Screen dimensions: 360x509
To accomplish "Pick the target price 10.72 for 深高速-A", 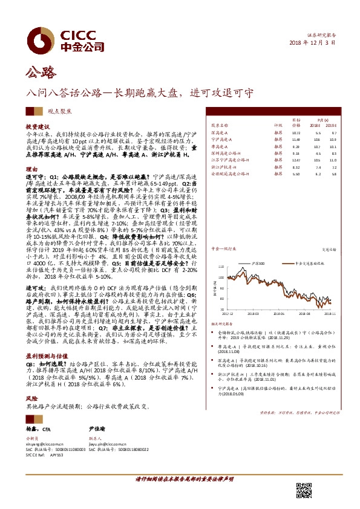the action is pos(296,132).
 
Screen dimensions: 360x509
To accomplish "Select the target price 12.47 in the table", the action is pos(296,160).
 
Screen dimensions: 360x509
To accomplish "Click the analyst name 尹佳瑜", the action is pos(96,429).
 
